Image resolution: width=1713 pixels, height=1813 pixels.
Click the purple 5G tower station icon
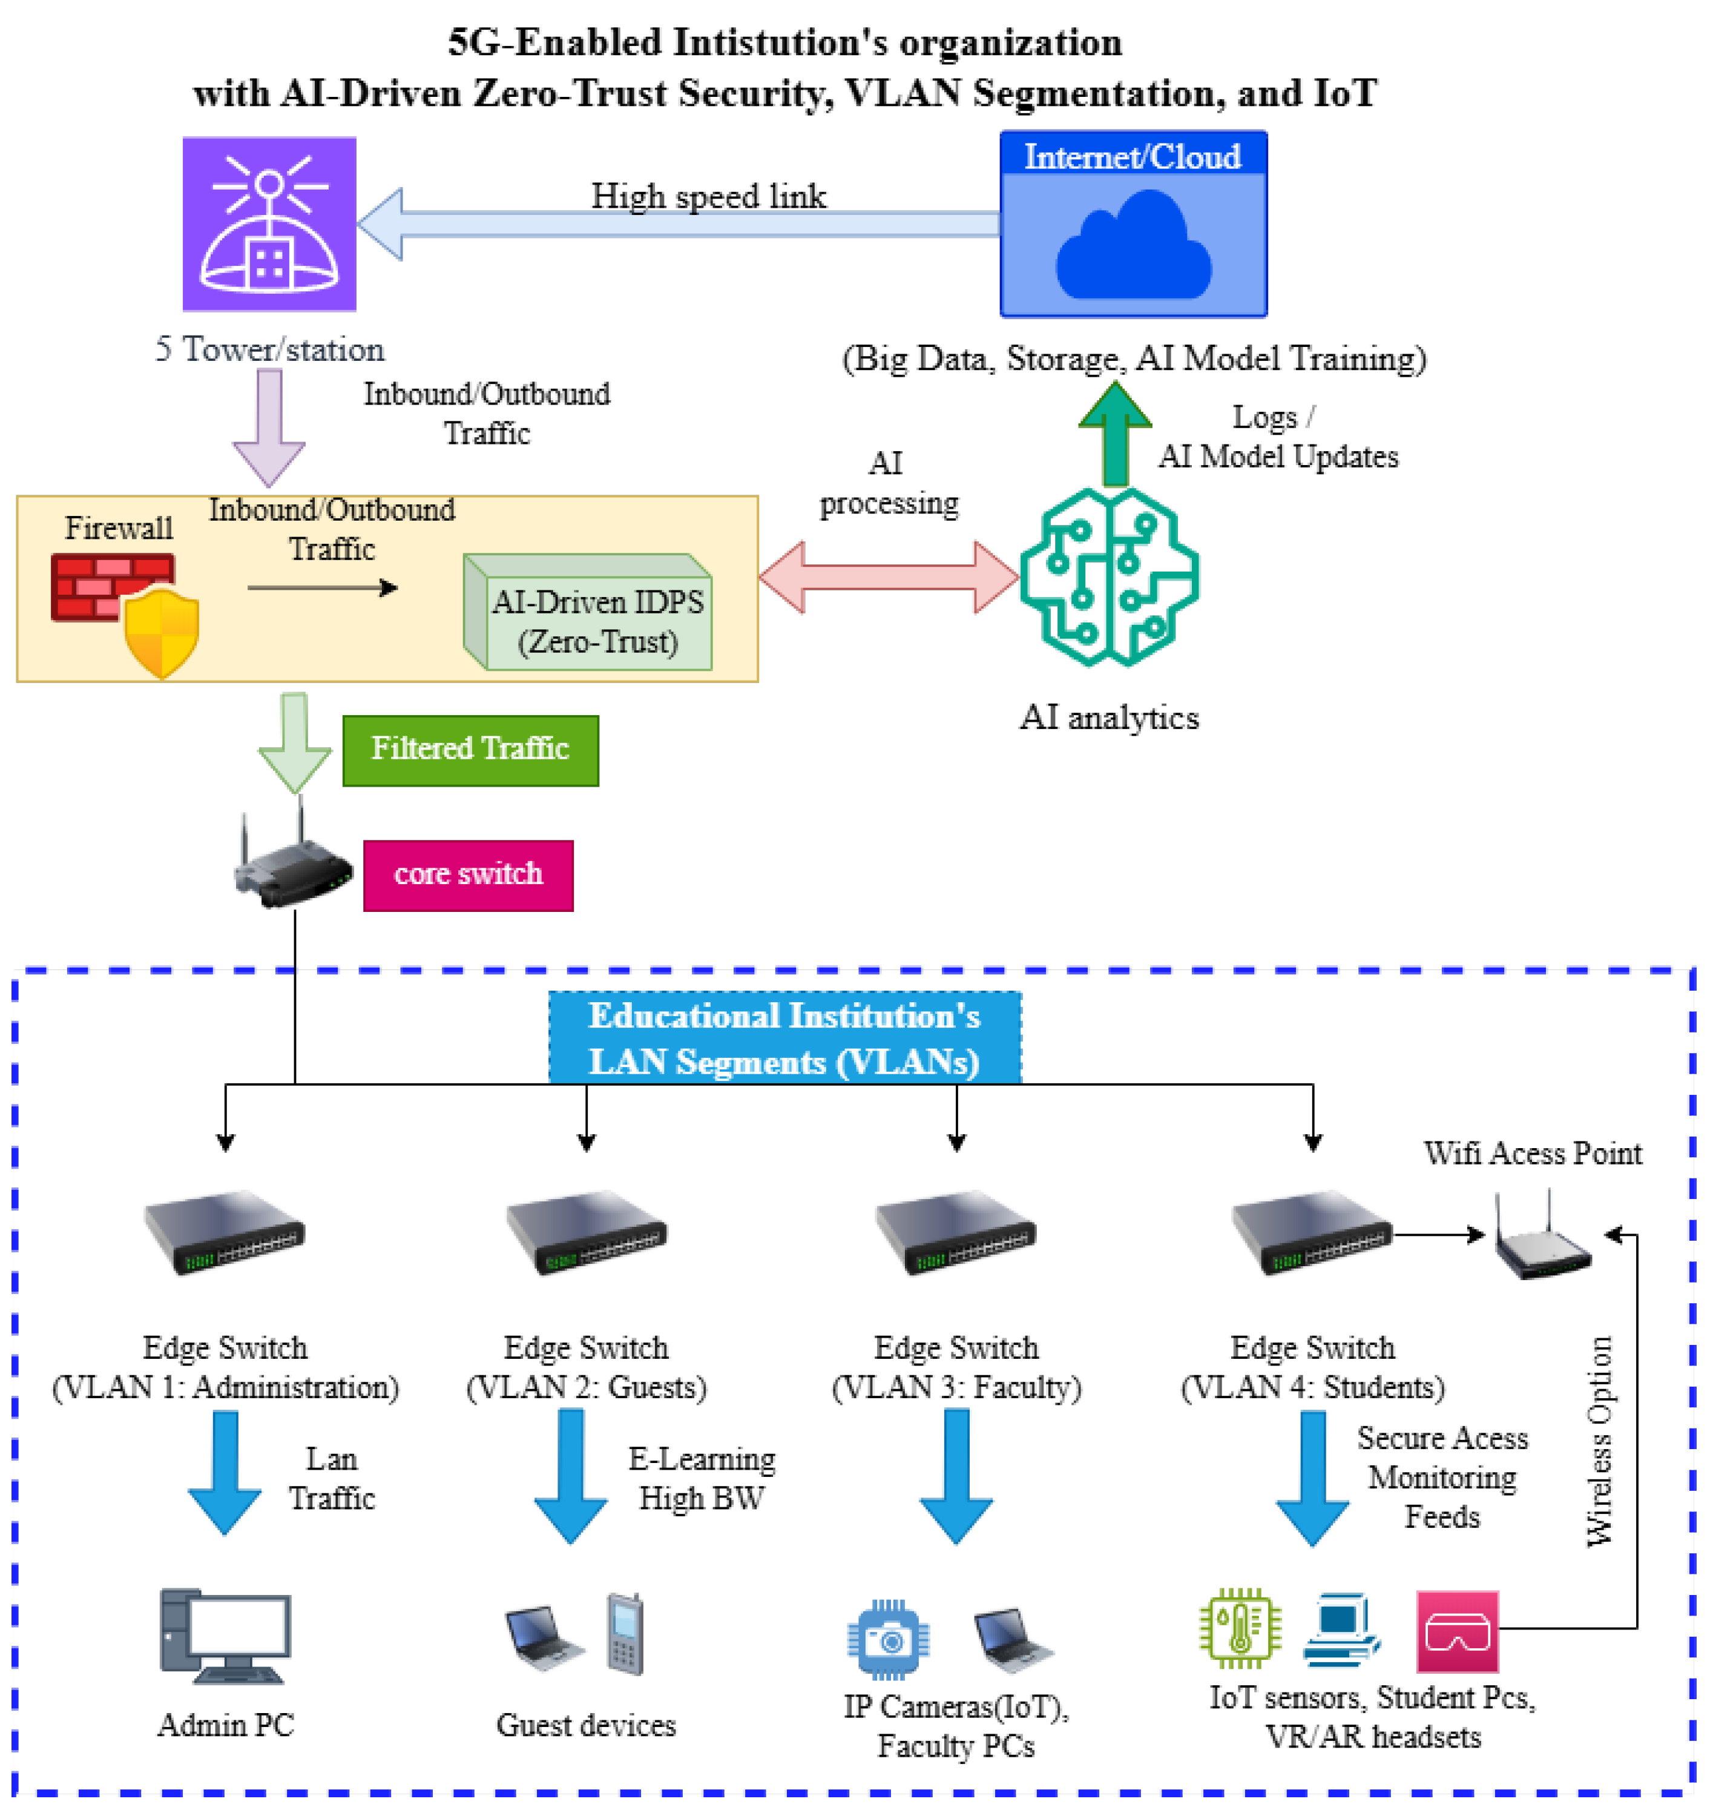click(269, 224)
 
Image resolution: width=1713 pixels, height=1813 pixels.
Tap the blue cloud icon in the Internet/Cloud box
click(1133, 246)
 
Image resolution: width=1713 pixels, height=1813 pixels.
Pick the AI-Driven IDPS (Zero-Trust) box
click(589, 613)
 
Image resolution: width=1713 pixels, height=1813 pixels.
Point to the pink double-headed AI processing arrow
click(889, 576)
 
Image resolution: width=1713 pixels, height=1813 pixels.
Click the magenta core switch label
click(469, 875)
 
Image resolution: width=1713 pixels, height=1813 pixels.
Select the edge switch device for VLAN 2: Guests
click(586, 1233)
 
